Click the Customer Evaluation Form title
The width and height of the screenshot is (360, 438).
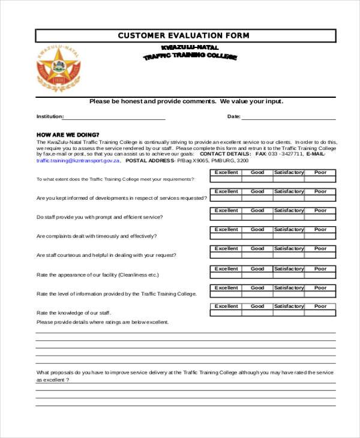pyautogui.click(x=184, y=36)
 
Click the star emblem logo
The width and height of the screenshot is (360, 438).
pyautogui.click(x=58, y=67)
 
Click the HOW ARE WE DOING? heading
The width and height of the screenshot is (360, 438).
pyautogui.click(x=68, y=134)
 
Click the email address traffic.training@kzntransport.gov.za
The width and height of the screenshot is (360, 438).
pyautogui.click(x=79, y=161)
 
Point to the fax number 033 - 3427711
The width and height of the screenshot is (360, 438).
pyautogui.click(x=286, y=154)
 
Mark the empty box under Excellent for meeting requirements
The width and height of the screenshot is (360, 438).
pyautogui.click(x=226, y=179)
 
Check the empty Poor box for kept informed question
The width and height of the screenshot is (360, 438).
pyautogui.click(x=320, y=198)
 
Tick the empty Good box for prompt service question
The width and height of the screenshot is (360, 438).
pyautogui.click(x=257, y=217)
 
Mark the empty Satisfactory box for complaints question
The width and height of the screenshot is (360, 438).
pyautogui.click(x=289, y=236)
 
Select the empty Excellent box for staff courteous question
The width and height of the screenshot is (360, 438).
pyautogui.click(x=226, y=255)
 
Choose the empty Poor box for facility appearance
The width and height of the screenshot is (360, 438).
pyautogui.click(x=320, y=275)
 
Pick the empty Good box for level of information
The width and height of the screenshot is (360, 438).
pyautogui.click(x=257, y=294)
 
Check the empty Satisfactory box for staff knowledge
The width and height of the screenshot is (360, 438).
pyautogui.click(x=289, y=313)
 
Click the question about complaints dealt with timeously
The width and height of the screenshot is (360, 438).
pyautogui.click(x=97, y=236)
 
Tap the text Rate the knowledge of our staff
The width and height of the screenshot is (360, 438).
pyautogui.click(x=74, y=313)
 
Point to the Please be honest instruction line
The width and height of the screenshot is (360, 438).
pyautogui.click(x=186, y=101)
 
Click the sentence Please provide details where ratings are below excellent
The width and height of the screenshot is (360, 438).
pyautogui.click(x=103, y=322)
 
